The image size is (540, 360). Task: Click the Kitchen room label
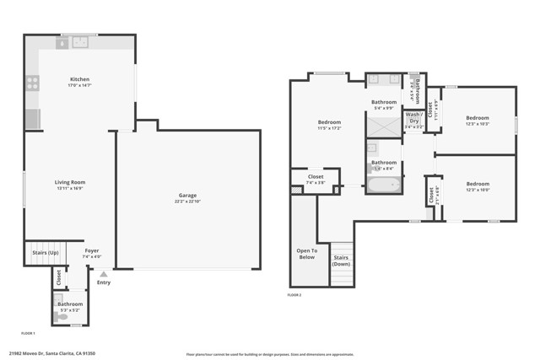pos(79,79)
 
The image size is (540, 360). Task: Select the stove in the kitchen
pos(32,83)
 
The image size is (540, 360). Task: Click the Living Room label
pos(70,182)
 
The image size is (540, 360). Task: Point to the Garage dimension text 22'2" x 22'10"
pos(187,202)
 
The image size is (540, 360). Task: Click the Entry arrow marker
pos(104,274)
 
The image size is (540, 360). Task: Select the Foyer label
pos(91,250)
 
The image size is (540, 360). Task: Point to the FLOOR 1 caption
pos(28,334)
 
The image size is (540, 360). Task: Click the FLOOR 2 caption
pos(294,295)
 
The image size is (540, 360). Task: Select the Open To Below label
pos(306,254)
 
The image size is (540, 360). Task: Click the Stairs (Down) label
pos(341,261)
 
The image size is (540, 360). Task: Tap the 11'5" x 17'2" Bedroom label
pos(328,122)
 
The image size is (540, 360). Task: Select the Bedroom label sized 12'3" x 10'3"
pos(478,118)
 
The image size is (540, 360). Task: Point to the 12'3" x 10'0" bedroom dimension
pos(478,190)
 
